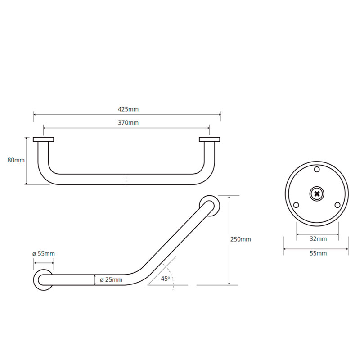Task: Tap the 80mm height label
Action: pyautogui.click(x=16, y=160)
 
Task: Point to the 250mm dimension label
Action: pyautogui.click(x=240, y=239)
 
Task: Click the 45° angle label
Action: pyautogui.click(x=165, y=279)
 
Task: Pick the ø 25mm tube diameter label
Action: pyautogui.click(x=111, y=280)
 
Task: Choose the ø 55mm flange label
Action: pyautogui.click(x=44, y=254)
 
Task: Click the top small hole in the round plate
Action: pyautogui.click(x=317, y=170)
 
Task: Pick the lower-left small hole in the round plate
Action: pyautogui.click(x=296, y=205)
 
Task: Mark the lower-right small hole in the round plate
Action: pyautogui.click(x=337, y=205)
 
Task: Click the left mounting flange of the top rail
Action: pyautogui.click(x=44, y=139)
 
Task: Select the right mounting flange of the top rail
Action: pyautogui.click(x=210, y=139)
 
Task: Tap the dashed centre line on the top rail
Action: pyautogui.click(x=126, y=179)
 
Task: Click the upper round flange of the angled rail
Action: pyautogui.click(x=210, y=205)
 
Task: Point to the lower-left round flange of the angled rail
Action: pyautogui.click(x=43, y=279)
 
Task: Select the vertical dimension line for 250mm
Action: pyautogui.click(x=229, y=239)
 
